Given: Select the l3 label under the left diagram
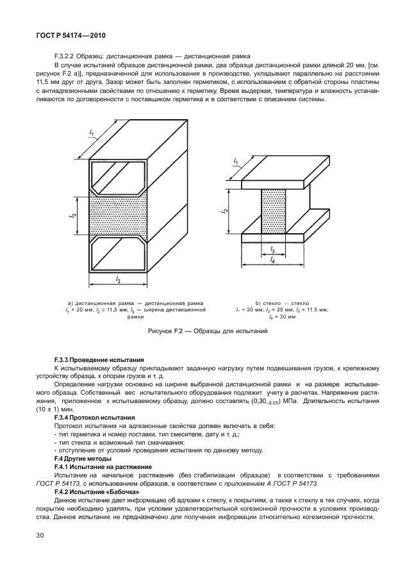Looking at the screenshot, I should pyautogui.click(x=119, y=279).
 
